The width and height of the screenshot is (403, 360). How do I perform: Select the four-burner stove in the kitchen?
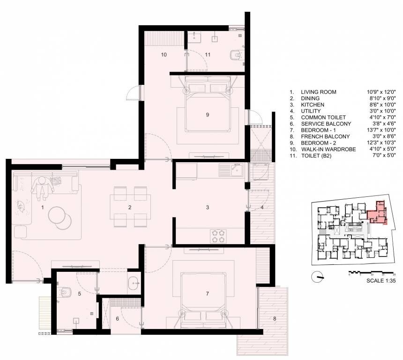coord(217,235)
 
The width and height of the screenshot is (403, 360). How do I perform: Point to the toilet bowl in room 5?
coord(63,292)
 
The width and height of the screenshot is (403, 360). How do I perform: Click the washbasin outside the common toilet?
coord(134,283)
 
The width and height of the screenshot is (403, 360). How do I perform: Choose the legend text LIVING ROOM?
coord(318,92)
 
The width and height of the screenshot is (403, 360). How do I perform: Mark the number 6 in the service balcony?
coord(118,319)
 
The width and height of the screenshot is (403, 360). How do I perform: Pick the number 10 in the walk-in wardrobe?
coord(164,55)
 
